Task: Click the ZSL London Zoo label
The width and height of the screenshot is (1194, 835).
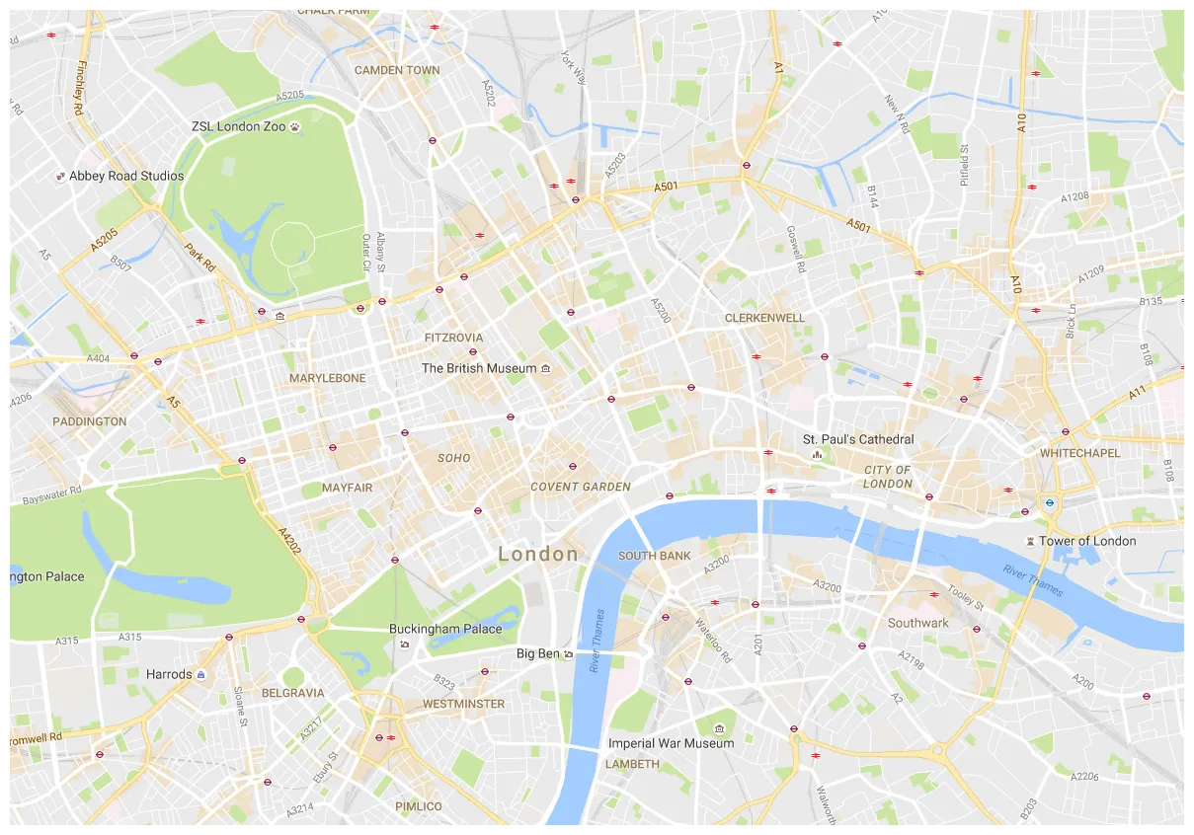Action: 238,126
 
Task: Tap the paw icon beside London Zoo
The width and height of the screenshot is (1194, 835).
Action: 294,126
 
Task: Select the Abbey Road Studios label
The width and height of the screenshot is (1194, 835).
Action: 125,176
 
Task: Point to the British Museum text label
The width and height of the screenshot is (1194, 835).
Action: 479,368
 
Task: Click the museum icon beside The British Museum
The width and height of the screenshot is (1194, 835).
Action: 546,368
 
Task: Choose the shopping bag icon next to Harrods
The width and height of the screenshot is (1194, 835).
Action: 201,674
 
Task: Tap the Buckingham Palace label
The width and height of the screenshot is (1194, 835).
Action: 444,629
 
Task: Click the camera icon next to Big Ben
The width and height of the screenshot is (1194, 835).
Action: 569,653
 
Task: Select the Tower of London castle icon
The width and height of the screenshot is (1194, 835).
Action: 1031,541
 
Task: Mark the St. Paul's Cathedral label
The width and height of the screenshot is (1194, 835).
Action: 857,439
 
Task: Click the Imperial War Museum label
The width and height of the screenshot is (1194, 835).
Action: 671,743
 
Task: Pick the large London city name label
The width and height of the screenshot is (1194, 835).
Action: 538,554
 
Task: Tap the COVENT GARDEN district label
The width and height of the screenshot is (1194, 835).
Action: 580,487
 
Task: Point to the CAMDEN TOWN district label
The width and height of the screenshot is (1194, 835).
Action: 397,70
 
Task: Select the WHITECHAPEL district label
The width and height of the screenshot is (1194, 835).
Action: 1079,453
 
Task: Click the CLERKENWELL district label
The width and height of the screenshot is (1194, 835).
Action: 764,318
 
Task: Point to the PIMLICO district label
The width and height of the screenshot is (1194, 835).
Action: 418,806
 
